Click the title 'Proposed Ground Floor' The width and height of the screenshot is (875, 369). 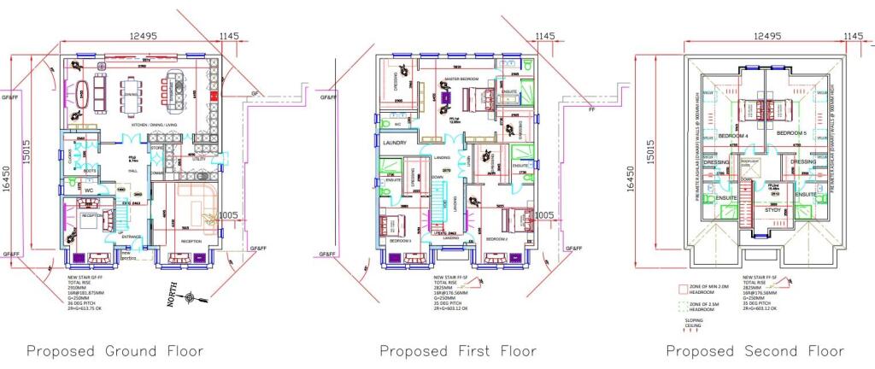[115, 351]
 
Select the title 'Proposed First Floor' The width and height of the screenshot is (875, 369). [457, 351]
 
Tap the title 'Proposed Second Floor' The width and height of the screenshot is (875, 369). [755, 351]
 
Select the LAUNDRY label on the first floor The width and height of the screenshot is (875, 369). [394, 143]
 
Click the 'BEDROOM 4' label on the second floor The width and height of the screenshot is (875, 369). [733, 136]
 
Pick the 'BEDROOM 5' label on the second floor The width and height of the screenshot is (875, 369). [791, 134]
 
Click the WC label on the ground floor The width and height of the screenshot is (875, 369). [89, 190]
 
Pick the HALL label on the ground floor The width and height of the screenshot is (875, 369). [132, 171]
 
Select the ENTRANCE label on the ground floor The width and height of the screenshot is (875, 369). [132, 237]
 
